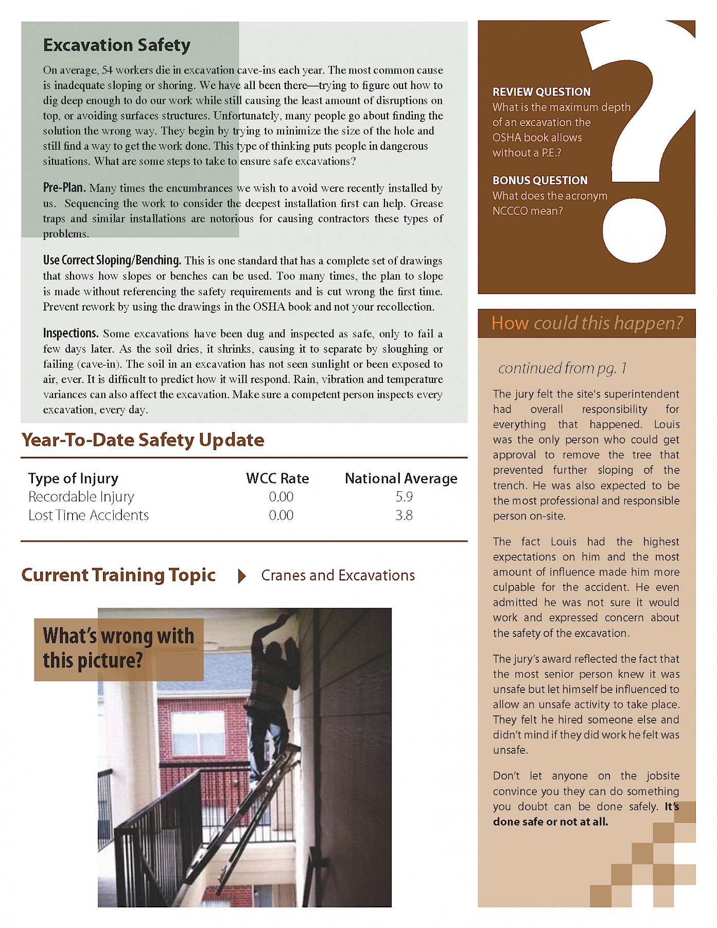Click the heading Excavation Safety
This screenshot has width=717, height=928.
pos(117,45)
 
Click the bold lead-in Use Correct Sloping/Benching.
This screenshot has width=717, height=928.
pos(112,260)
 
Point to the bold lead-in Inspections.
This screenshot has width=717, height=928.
pos(71,333)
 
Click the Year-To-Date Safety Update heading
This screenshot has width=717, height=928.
pos(143,440)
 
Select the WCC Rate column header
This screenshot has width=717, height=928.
pos(277,478)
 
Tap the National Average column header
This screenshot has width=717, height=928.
pos(401,478)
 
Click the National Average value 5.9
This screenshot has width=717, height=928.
pos(404,496)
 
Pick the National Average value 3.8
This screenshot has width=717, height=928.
pos(404,515)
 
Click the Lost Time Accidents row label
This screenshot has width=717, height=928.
pos(89,515)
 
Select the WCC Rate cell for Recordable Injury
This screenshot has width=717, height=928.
pos(281,496)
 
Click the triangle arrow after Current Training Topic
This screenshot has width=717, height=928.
pos(241,576)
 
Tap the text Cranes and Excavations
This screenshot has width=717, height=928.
pos(338,575)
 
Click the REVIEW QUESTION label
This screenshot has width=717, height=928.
pos(541,92)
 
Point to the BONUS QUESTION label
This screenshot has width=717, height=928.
pos(540,180)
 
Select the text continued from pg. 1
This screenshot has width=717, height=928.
pos(562,368)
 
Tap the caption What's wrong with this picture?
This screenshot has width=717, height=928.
pos(118,648)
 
